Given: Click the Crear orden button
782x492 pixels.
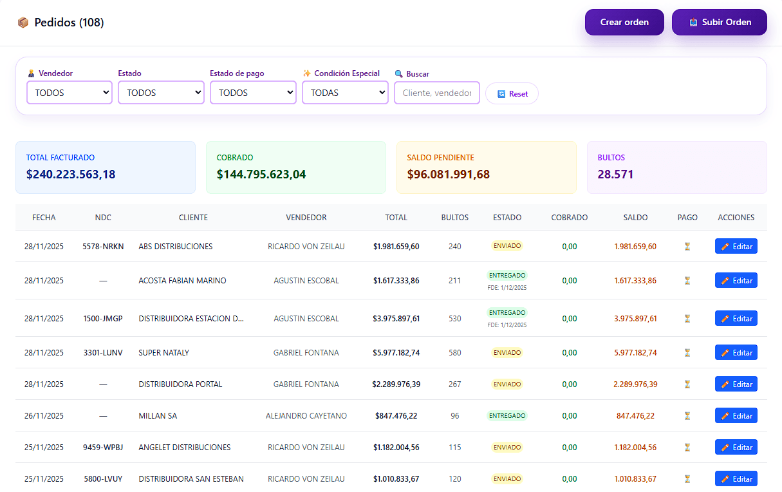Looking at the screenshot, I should click(x=624, y=22).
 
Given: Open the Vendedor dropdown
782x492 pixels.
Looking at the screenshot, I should click(x=70, y=93).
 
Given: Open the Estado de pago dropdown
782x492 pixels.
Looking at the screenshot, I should click(x=253, y=93).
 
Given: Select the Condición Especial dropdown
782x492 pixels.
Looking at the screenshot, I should click(x=345, y=93).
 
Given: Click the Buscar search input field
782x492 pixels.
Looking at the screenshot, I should click(x=437, y=93).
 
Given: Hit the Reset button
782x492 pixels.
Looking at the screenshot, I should click(x=512, y=93).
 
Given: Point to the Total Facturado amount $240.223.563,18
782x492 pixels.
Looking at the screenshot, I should click(x=71, y=174).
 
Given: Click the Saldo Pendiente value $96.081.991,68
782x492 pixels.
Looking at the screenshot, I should click(x=449, y=174).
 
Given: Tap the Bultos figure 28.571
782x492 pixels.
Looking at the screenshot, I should click(x=615, y=174).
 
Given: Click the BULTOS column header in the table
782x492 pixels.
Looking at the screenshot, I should click(x=455, y=218).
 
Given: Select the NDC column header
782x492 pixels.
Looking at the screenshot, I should click(x=103, y=218).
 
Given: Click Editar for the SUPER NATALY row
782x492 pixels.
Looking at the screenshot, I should click(x=736, y=353).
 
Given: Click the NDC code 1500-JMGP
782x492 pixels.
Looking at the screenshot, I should click(x=103, y=319).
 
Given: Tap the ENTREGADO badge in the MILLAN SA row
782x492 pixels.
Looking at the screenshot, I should click(x=507, y=416).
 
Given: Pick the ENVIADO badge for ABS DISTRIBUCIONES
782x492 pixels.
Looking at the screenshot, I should click(x=507, y=246).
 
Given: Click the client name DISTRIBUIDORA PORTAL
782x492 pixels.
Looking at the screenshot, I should click(x=180, y=384).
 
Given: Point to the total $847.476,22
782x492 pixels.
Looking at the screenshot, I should click(x=396, y=416).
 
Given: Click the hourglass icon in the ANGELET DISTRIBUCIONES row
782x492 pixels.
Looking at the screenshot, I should click(x=687, y=448).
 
